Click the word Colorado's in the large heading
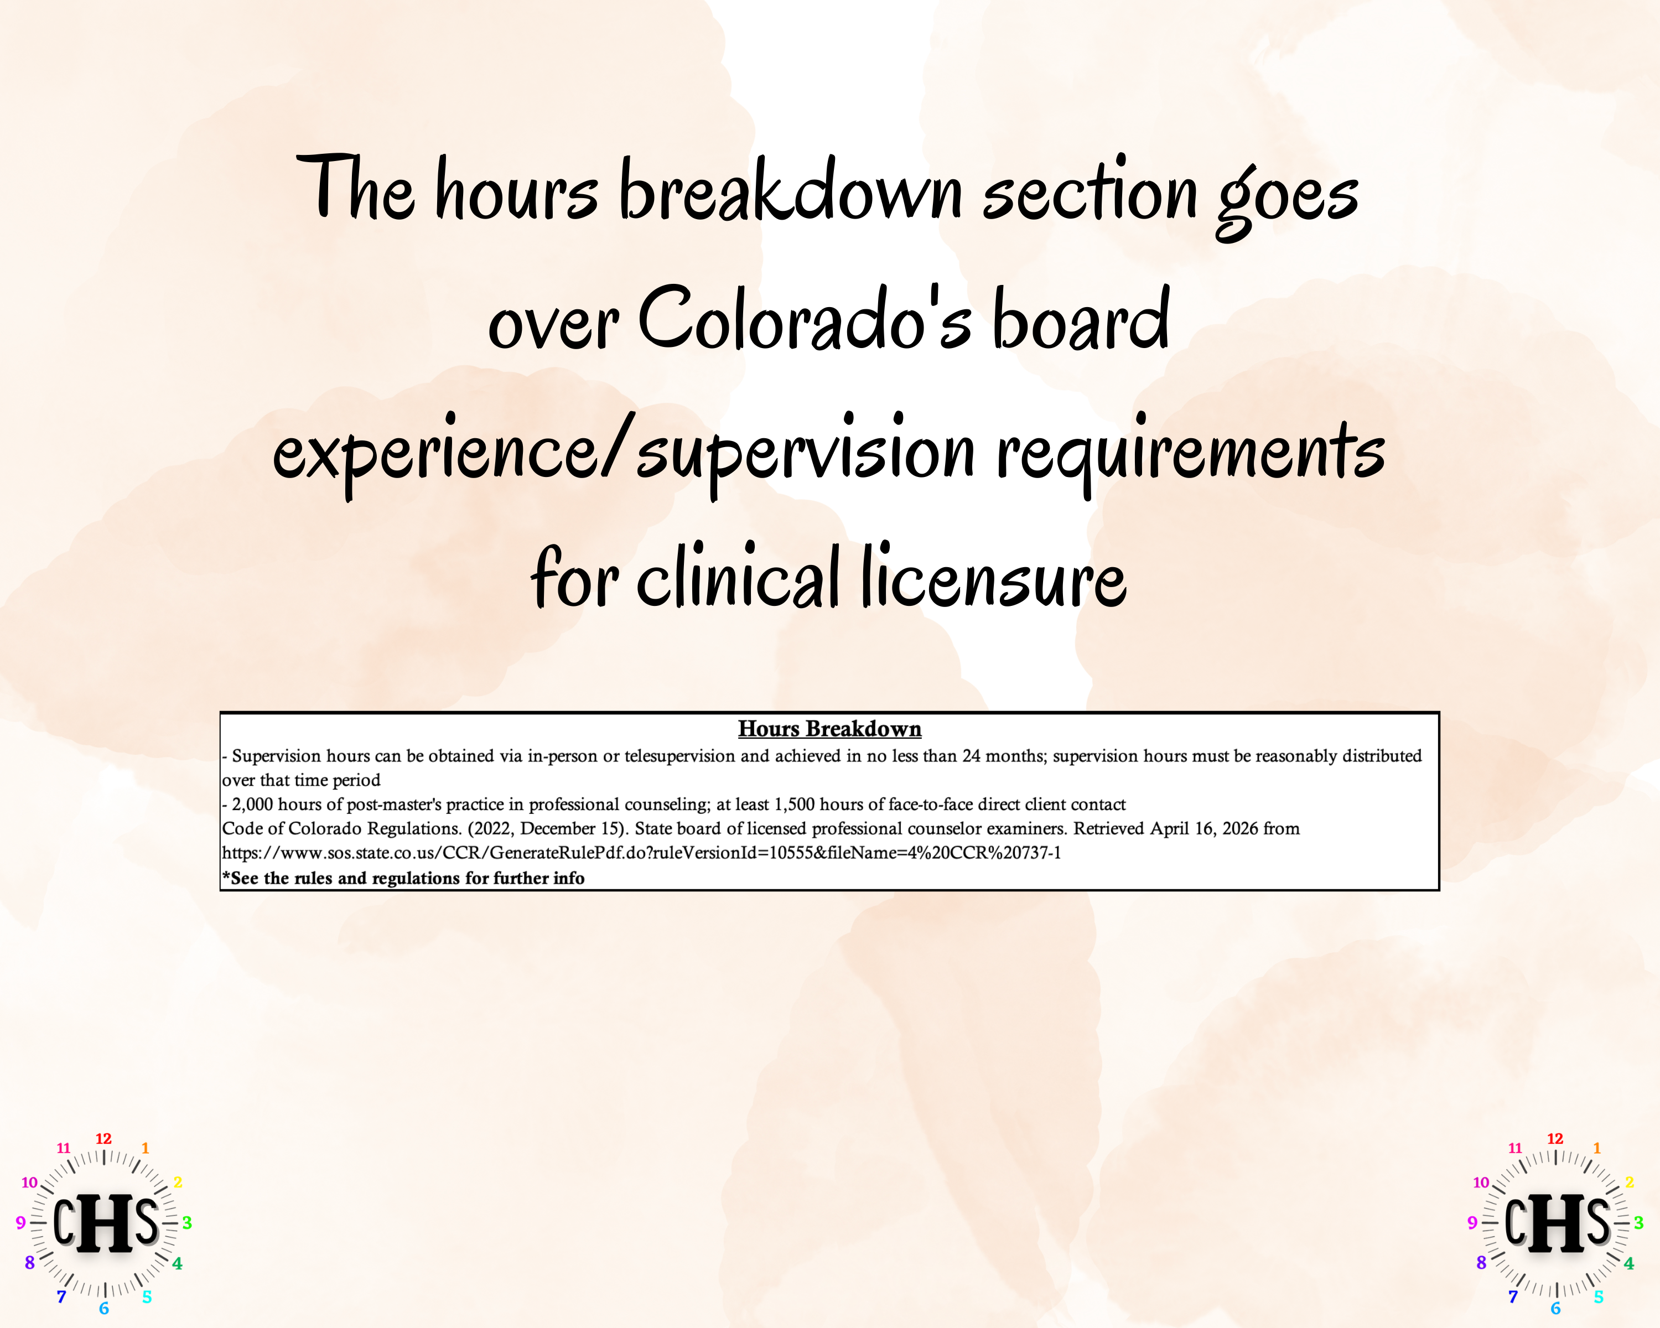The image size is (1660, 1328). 805,319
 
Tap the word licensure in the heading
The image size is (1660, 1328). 993,577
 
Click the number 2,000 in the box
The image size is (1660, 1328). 252,805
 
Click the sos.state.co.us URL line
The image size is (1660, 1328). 641,853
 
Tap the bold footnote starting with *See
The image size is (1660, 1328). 403,878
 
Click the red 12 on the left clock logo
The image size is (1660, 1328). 103,1139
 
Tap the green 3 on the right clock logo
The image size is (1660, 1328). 1638,1222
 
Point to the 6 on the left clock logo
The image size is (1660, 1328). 104,1309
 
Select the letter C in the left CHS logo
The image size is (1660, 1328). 64,1222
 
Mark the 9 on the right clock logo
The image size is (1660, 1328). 1472,1222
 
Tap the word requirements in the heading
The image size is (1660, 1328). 1190,450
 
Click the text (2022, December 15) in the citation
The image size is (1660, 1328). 547,829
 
